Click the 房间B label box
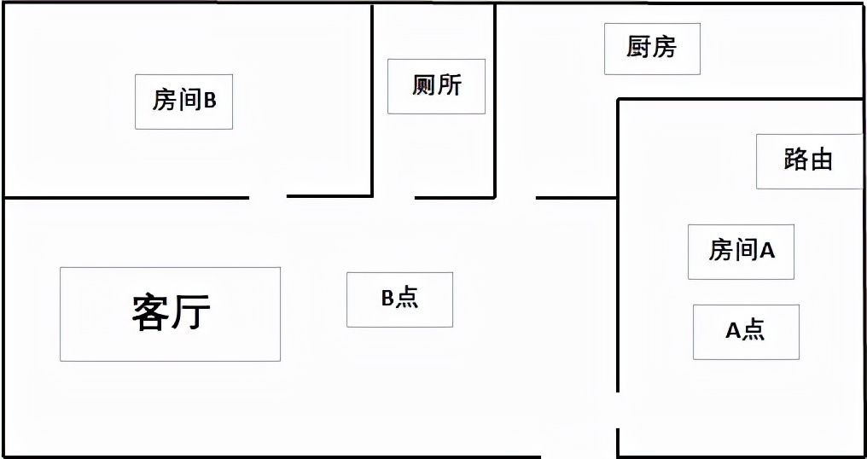pos(183,102)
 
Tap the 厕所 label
pos(436,86)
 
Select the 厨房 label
pos(652,49)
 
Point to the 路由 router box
pos(809,161)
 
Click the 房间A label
pos(741,252)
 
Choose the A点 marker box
pos(746,332)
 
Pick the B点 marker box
pos(399,299)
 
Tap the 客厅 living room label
pos(171,314)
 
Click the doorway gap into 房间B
pos(268,197)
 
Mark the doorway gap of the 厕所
pos(394,197)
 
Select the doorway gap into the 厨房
pos(516,197)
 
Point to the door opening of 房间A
pos(618,410)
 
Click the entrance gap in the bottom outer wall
pos(579,456)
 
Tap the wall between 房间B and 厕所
pos(373,100)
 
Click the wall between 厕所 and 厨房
pos(495,100)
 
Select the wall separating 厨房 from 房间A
pos(741,100)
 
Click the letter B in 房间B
pos(210,102)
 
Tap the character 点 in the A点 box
pos(754,331)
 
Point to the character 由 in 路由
pos(821,160)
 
